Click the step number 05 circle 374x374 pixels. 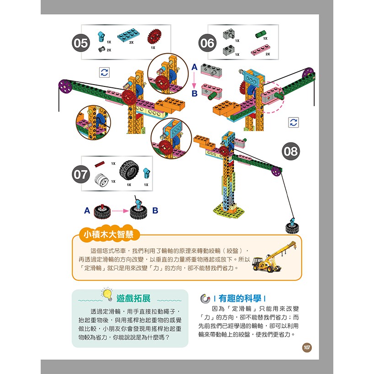click(x=81, y=43)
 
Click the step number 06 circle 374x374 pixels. click(x=207, y=43)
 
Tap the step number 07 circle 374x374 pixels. click(x=81, y=174)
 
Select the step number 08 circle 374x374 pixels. click(x=291, y=151)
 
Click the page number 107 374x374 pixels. click(x=307, y=347)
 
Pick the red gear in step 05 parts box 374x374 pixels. click(x=155, y=37)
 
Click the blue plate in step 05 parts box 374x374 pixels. click(x=128, y=35)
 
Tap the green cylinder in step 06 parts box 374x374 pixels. click(x=261, y=34)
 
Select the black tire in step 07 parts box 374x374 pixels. click(x=129, y=170)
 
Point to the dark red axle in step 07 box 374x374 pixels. click(x=100, y=164)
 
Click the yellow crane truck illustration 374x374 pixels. click(x=274, y=257)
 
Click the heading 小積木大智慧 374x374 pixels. click(x=108, y=235)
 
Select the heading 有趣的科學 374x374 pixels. click(x=240, y=299)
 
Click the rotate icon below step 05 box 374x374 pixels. click(x=104, y=72)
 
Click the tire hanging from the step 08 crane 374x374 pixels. click(x=292, y=227)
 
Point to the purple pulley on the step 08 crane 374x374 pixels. click(x=276, y=171)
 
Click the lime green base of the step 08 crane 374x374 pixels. click(x=229, y=211)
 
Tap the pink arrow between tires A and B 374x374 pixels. click(x=120, y=211)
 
